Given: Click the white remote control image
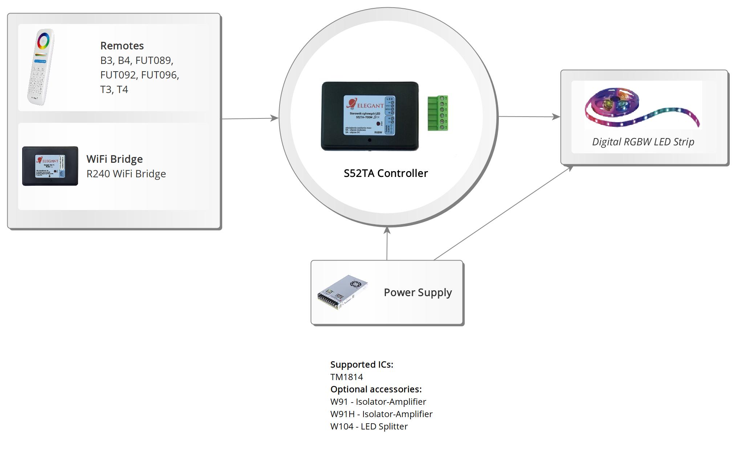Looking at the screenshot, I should point(41,67).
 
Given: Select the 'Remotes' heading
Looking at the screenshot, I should point(122,46).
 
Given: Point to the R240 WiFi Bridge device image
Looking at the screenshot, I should point(50,166).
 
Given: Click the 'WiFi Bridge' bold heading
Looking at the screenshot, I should point(114,159).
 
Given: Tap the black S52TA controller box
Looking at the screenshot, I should point(370,116).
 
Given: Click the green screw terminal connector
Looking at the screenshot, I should point(438,113).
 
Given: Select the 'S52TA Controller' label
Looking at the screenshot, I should point(386,173).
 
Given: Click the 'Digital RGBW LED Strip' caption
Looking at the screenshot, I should point(643,142).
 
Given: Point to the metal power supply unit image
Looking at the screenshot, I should point(342,292).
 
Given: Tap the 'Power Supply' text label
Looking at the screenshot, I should point(418,292).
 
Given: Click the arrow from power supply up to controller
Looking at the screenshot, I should point(387,243).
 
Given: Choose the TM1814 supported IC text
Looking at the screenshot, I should point(346,377).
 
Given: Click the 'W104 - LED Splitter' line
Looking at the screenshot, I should point(369,427).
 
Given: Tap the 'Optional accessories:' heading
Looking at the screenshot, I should point(376,390).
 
